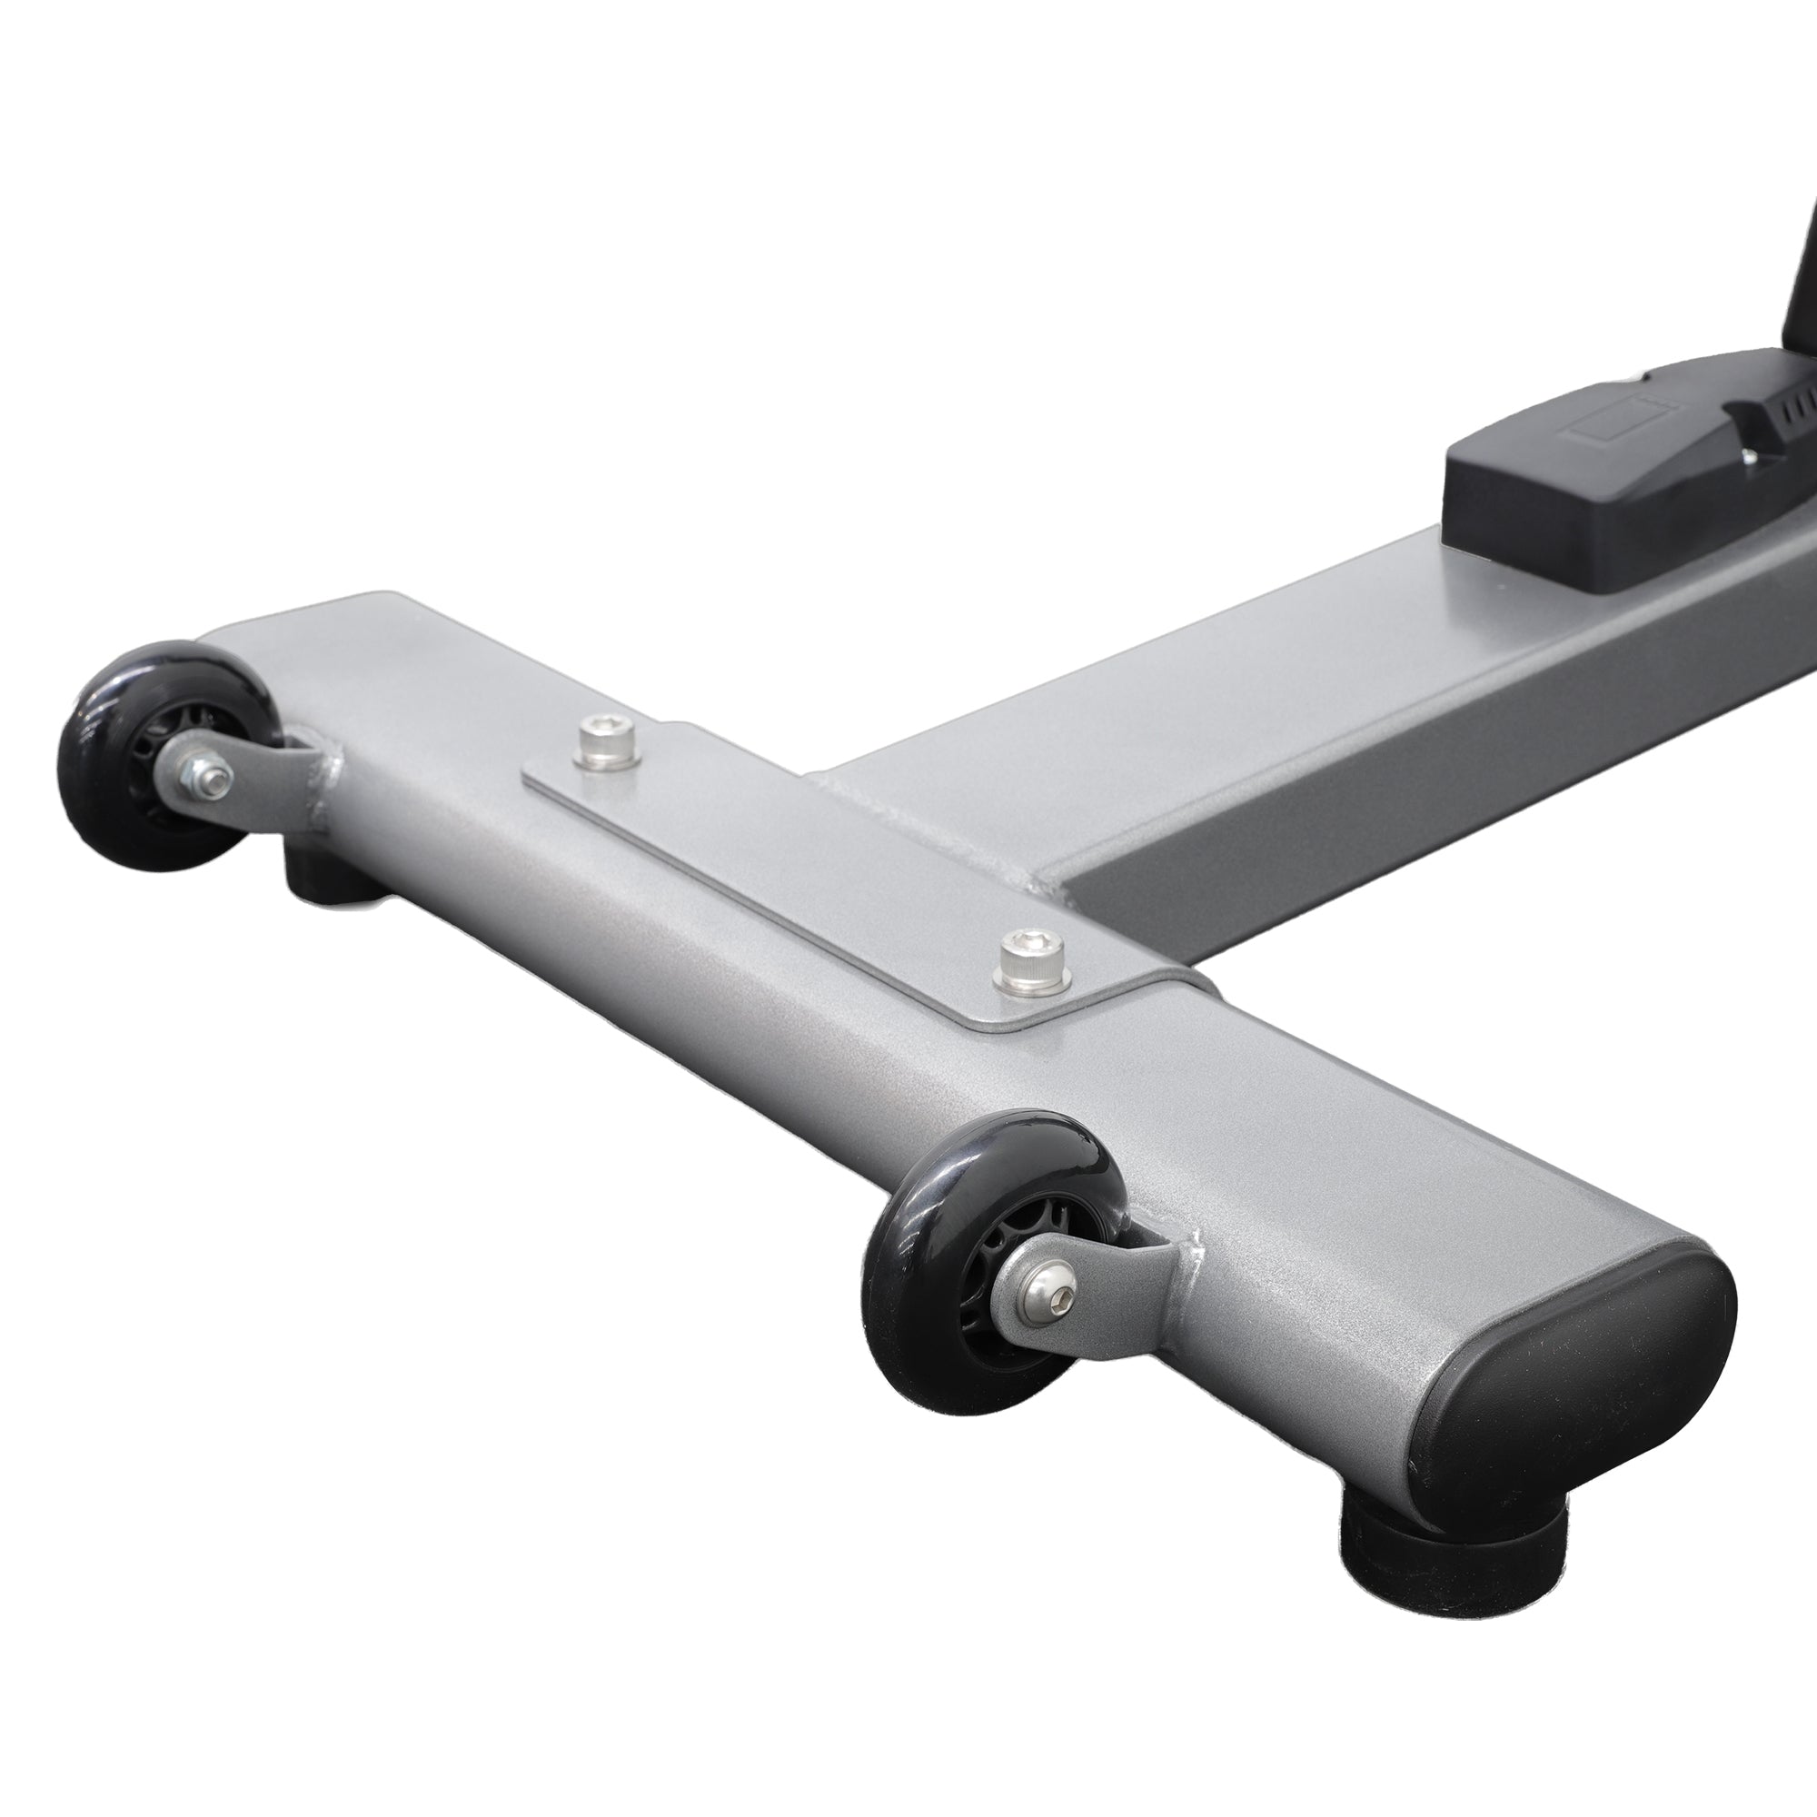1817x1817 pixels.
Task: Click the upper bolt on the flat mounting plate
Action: [607, 729]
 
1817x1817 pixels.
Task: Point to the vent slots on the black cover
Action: [1787, 413]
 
